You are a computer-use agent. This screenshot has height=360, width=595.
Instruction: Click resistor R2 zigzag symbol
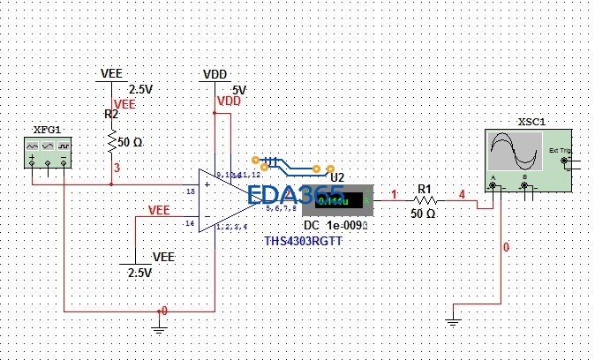112,140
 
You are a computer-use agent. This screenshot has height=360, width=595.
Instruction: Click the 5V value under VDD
238,90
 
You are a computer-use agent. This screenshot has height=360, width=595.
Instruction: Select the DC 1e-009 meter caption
334,226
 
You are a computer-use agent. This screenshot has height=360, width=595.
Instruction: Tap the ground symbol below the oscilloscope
453,318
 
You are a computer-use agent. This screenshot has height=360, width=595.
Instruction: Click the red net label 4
461,194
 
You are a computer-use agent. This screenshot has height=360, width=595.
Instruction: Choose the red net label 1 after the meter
394,194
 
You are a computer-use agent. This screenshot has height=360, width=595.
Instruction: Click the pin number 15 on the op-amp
190,191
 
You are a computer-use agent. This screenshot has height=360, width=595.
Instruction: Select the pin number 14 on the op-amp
190,223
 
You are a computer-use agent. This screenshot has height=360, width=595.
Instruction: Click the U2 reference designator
336,176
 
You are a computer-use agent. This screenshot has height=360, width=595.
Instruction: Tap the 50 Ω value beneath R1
424,214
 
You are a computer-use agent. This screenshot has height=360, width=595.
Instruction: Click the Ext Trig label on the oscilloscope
561,150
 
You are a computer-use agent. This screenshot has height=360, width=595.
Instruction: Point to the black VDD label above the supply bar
215,74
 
